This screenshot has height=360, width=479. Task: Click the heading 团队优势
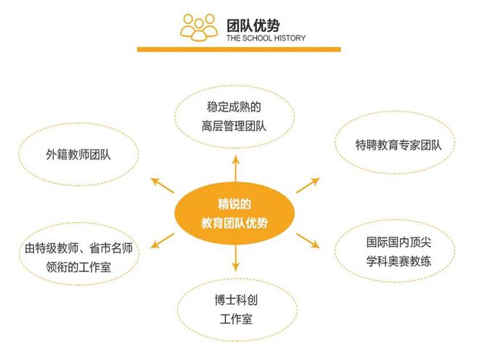pos(253,25)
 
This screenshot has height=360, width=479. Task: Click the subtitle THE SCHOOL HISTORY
pos(266,38)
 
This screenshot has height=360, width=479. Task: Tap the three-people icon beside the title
pos(199,27)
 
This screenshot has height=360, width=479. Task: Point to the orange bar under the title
pos(239,49)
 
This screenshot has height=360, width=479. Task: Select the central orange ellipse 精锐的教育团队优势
pos(234,213)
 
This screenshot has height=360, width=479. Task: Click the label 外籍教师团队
pos(78,155)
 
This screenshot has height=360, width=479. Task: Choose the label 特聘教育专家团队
pos(398,145)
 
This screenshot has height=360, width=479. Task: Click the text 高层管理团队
pos(234,126)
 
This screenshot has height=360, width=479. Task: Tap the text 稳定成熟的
pos(234,107)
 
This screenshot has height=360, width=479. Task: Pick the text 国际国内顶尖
pos(398,242)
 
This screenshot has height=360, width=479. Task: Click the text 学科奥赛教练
pos(398,261)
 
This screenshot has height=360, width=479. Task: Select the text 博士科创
pos(236,300)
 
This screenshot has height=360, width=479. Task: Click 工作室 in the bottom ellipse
pos(236,319)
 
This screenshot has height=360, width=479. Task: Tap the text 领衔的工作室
pos(78,267)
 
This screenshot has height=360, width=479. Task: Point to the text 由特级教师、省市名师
pos(78,248)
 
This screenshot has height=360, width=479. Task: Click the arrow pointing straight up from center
pos(236,168)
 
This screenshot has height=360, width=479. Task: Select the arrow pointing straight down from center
pos(236,258)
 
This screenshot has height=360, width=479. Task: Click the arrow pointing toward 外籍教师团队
pos(163,185)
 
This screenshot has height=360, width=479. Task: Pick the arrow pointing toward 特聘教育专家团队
pos(308,185)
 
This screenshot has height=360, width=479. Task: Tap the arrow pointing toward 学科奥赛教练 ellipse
pos(308,241)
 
